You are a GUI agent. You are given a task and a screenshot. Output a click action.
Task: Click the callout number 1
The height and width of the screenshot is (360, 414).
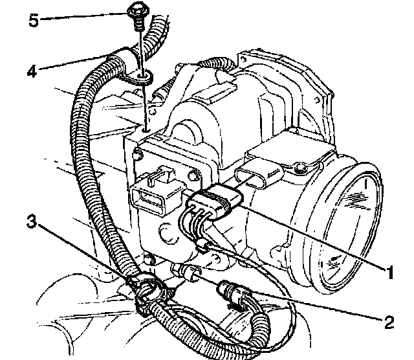coord(388,273)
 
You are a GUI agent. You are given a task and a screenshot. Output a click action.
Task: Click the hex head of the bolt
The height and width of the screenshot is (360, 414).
coord(136,11)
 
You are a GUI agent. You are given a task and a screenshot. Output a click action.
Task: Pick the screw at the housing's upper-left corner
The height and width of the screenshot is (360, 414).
coord(138,155)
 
